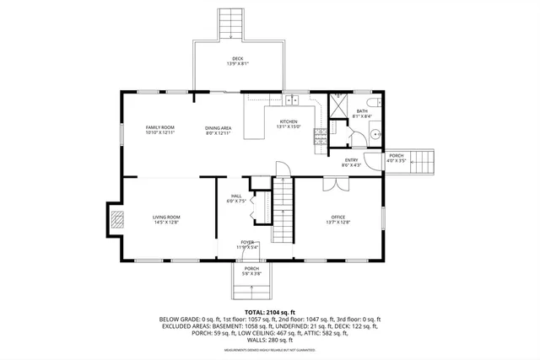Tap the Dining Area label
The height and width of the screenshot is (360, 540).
click(x=218, y=129)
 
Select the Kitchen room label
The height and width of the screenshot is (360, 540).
click(x=289, y=123)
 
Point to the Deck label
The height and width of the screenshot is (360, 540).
click(x=237, y=61)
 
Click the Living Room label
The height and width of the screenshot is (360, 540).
click(x=165, y=220)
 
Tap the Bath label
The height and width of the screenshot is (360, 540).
click(x=362, y=114)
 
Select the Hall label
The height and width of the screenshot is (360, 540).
click(x=236, y=198)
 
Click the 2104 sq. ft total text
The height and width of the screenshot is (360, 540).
click(x=270, y=311)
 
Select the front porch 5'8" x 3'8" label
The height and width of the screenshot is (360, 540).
click(x=252, y=271)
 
